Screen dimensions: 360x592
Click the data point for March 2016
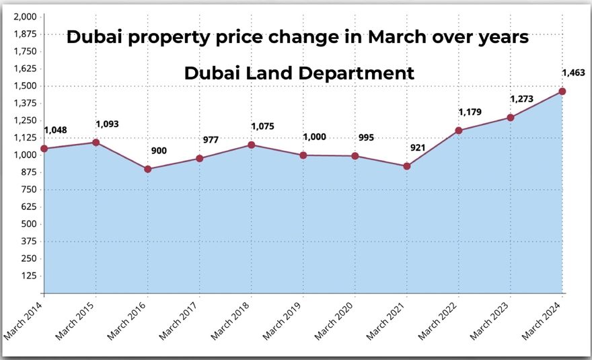(x=147, y=169)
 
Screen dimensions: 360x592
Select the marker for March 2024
(x=562, y=92)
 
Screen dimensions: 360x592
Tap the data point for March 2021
(x=407, y=166)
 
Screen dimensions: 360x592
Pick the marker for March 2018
(x=252, y=145)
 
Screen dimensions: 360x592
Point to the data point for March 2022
(x=459, y=131)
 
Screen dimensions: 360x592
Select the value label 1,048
(x=55, y=130)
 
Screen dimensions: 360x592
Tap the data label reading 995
(x=366, y=137)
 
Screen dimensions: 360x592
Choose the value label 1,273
(x=521, y=99)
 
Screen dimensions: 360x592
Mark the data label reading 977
(x=211, y=140)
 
